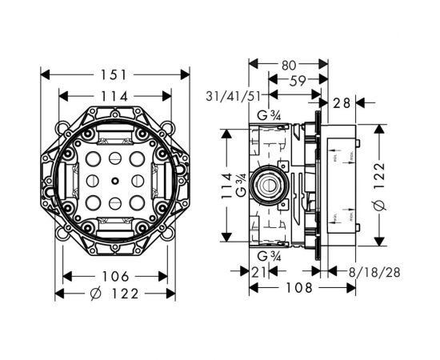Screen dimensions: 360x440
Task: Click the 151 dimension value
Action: tap(115, 74)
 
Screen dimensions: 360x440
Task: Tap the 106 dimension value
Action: tap(115, 276)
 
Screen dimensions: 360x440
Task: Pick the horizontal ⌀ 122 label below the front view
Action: tap(114, 294)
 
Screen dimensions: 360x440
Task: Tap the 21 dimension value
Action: tap(257, 272)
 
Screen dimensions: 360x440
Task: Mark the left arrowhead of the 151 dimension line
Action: tap(44, 74)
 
